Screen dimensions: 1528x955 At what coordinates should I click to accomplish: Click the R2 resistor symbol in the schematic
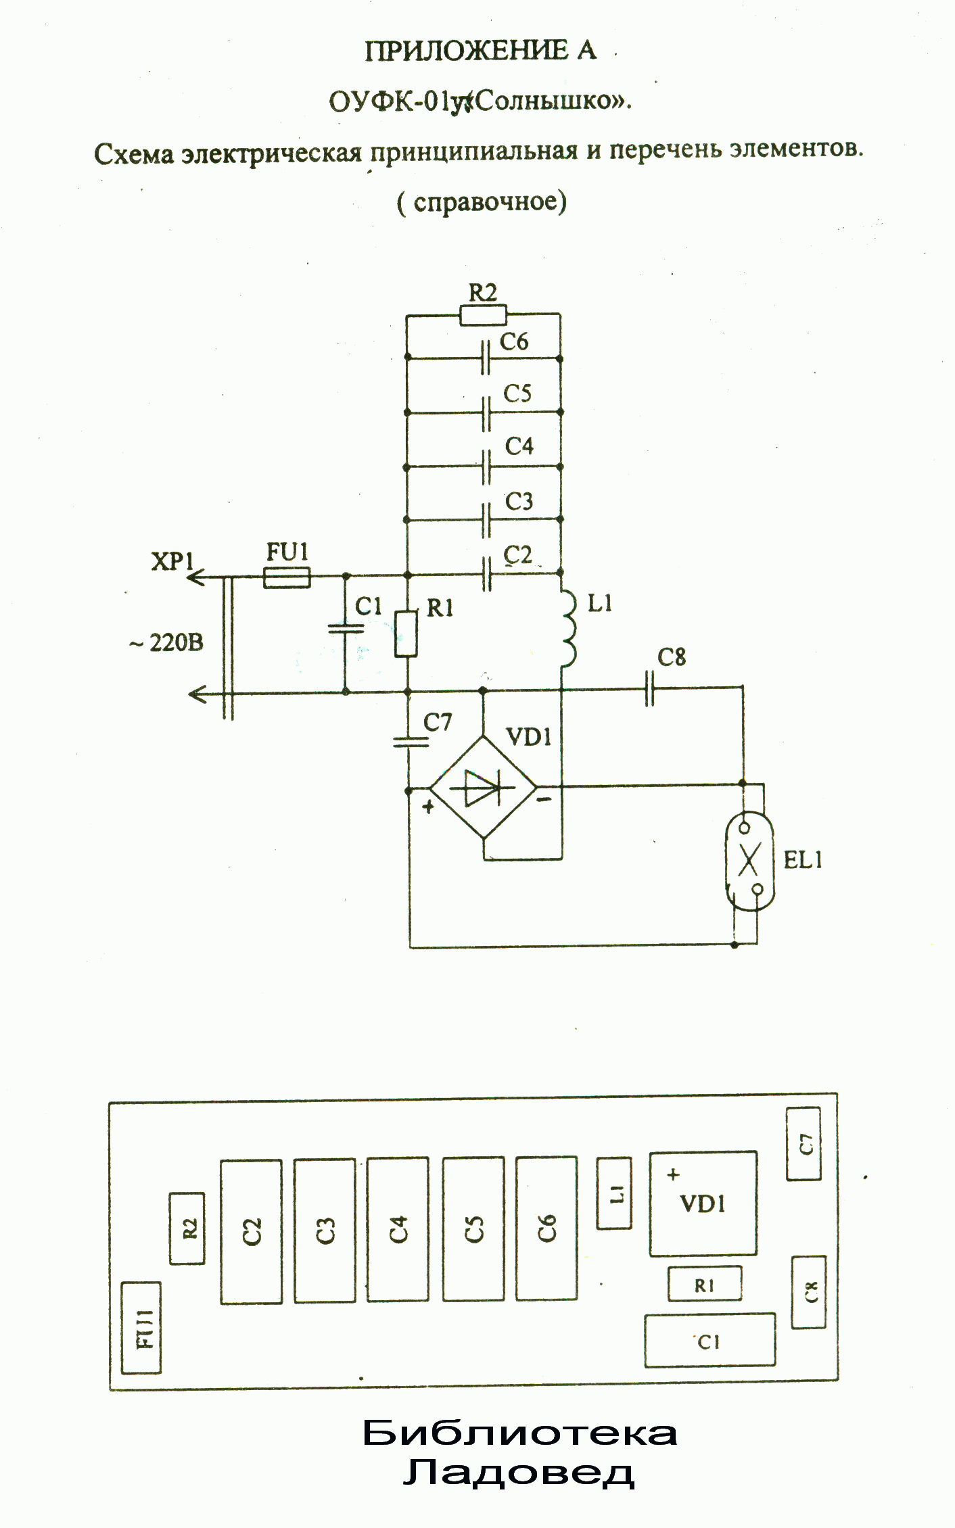[482, 314]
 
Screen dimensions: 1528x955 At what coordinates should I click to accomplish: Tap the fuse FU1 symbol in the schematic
[287, 577]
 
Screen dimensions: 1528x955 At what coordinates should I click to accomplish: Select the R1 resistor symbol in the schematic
[406, 634]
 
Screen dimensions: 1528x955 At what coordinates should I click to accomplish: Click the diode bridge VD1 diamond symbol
[483, 788]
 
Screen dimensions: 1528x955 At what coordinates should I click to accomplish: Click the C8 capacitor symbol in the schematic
[650, 688]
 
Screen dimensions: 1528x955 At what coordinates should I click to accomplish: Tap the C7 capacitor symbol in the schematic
[410, 742]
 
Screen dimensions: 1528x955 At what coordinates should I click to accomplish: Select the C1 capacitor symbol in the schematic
[346, 629]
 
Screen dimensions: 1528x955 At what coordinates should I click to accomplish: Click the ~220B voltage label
[166, 642]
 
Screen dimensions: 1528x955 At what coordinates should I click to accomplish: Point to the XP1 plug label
[172, 560]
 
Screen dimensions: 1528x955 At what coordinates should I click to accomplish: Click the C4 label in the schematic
[519, 446]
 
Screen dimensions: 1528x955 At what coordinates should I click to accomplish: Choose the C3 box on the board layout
[325, 1231]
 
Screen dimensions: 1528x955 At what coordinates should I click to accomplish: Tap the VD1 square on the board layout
[703, 1204]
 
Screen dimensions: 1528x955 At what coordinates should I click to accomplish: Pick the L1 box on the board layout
[614, 1193]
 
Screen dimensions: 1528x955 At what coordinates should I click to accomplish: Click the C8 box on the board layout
[808, 1292]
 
